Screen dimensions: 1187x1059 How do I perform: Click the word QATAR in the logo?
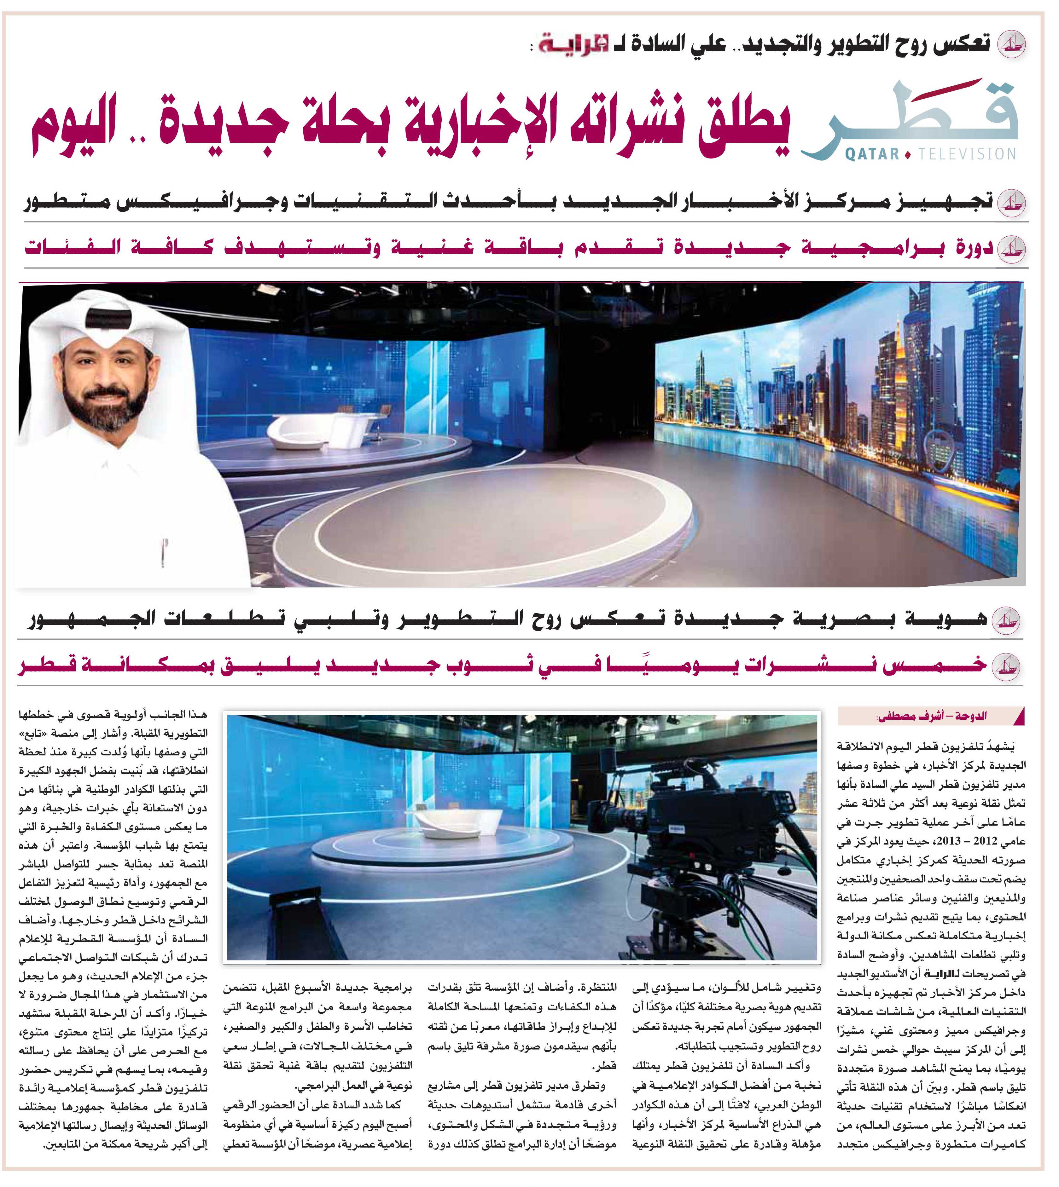pos(872,154)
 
